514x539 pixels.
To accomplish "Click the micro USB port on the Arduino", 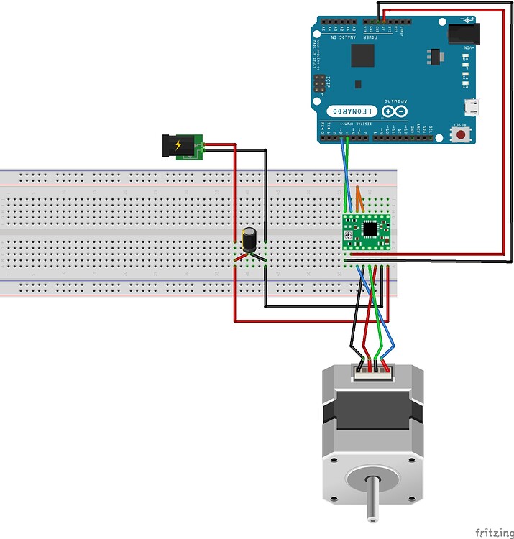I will pos(472,107).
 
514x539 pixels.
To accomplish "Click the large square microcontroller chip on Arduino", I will pos(363,55).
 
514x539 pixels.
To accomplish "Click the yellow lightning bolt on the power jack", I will pos(179,145).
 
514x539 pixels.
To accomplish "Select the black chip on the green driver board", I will pos(370,229).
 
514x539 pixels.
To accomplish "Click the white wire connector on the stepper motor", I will pos(372,372).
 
